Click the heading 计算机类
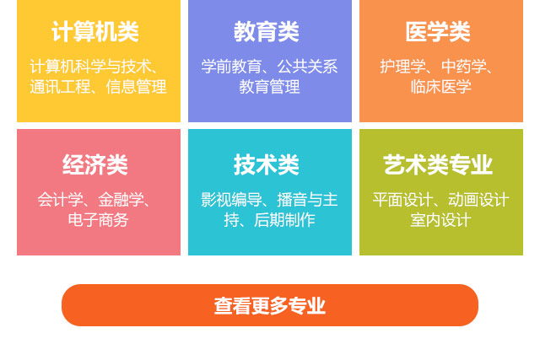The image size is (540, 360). click(94, 32)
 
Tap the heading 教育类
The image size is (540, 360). click(267, 32)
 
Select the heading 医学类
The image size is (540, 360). click(438, 32)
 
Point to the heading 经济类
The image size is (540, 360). click(95, 164)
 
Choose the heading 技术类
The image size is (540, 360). click(267, 164)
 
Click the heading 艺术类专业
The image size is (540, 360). click(438, 164)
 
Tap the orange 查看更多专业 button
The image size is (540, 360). click(270, 305)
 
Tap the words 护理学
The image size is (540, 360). click(402, 66)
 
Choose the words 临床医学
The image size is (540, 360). click(440, 87)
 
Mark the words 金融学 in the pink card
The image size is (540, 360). click(121, 200)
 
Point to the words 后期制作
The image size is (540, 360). click(284, 220)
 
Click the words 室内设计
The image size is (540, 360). click(440, 220)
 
